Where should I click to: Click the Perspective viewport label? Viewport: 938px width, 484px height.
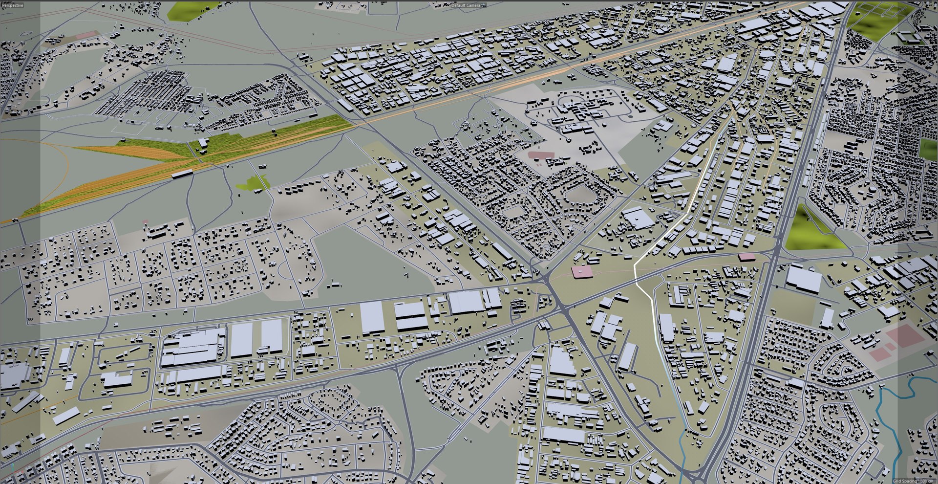point(13,5)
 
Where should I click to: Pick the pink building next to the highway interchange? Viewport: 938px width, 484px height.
point(746,257)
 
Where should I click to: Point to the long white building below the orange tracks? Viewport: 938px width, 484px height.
point(182,174)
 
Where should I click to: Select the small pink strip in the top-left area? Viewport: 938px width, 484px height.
point(86,35)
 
